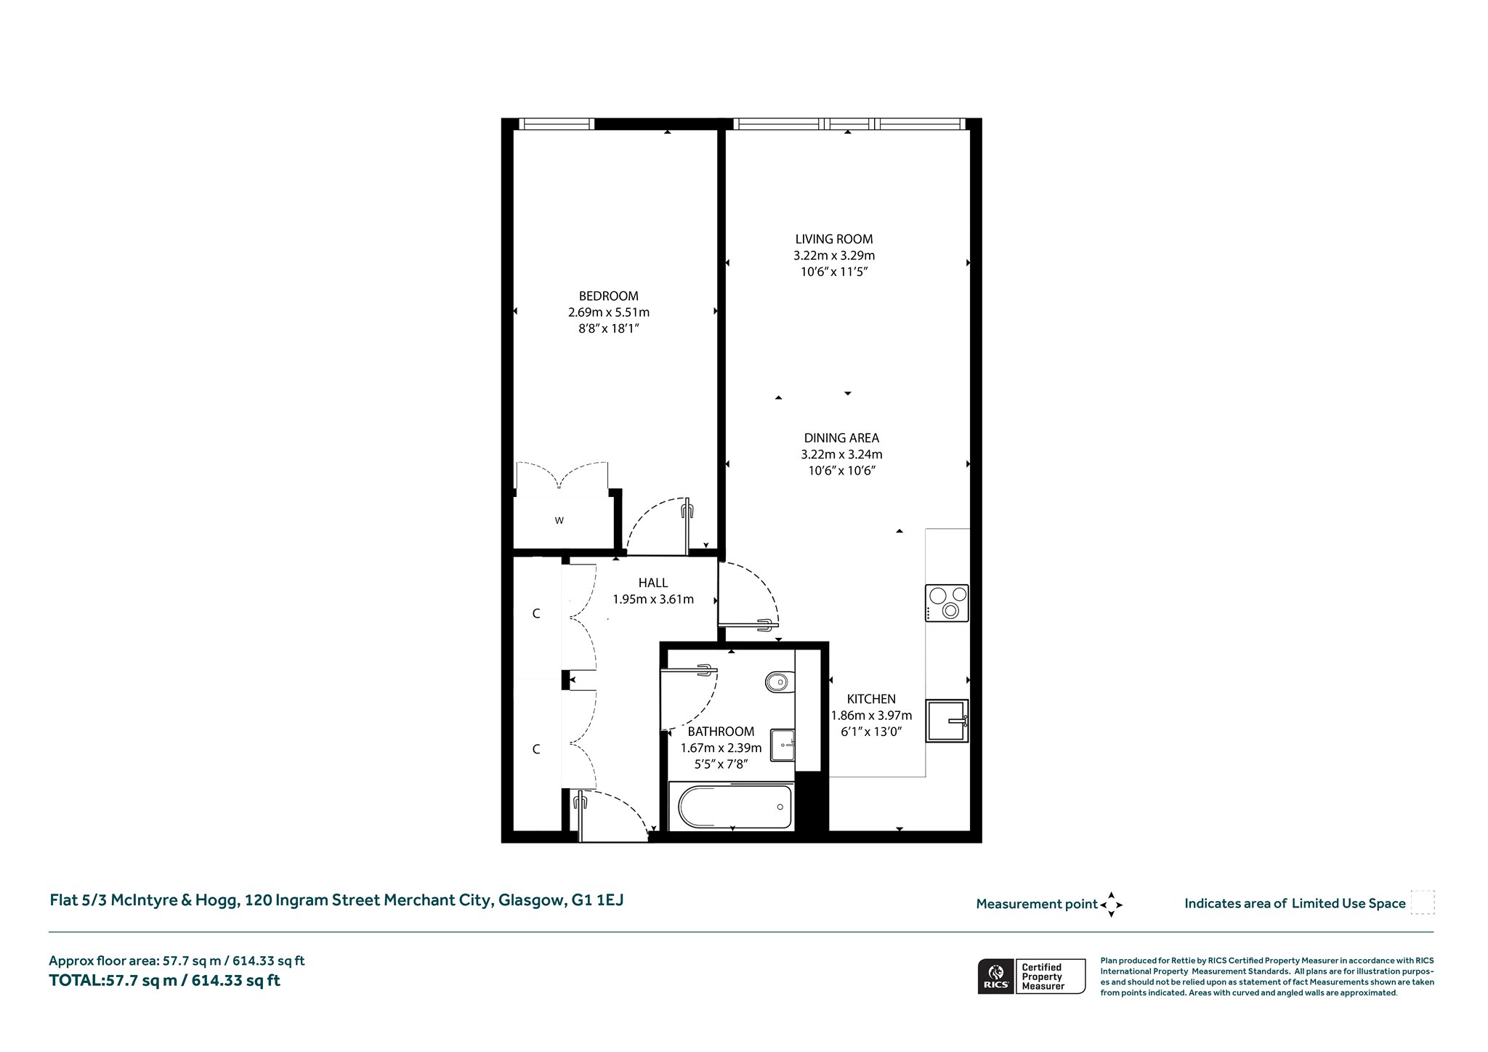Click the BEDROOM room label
tap(609, 296)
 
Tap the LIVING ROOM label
tap(834, 239)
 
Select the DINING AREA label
tap(841, 438)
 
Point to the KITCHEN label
tap(871, 699)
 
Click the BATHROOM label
tap(721, 732)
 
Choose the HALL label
tap(653, 583)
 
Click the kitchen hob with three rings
tap(947, 603)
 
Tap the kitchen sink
tap(947, 720)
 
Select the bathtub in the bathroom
tap(735, 806)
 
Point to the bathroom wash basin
tap(783, 744)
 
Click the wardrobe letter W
tap(559, 520)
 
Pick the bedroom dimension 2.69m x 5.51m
tap(609, 312)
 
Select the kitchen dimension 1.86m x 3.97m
tap(871, 716)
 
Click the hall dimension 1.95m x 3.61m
tap(653, 599)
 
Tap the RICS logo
tap(995, 976)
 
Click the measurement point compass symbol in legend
tap(1111, 905)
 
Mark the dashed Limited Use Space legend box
tap(1423, 902)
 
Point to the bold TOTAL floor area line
tap(164, 980)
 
